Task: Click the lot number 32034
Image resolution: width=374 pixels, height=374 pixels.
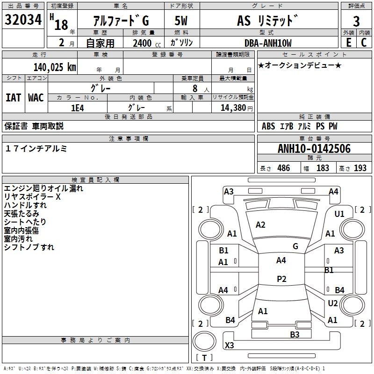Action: pyautogui.click(x=23, y=19)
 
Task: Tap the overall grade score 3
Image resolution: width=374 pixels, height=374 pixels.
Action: pyautogui.click(x=356, y=22)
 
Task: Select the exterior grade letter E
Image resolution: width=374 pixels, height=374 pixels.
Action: pyautogui.click(x=348, y=43)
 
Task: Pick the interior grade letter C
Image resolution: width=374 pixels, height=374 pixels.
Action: pyautogui.click(x=364, y=43)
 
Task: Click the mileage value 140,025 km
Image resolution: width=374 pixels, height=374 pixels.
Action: pyautogui.click(x=55, y=67)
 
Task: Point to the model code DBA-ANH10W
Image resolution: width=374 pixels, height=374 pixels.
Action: pyautogui.click(x=268, y=43)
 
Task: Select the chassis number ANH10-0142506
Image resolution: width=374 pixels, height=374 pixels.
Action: pyautogui.click(x=314, y=149)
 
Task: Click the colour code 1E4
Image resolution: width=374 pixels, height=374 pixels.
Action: pyautogui.click(x=78, y=108)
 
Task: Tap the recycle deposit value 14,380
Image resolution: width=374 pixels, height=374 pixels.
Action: pyautogui.click(x=233, y=108)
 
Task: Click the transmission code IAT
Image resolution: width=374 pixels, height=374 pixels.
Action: pyautogui.click(x=13, y=98)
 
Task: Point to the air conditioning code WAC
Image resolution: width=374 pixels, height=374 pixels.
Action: pyautogui.click(x=36, y=98)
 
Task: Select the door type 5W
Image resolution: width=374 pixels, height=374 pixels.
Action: pyautogui.click(x=181, y=21)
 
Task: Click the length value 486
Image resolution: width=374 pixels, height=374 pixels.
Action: pyautogui.click(x=284, y=168)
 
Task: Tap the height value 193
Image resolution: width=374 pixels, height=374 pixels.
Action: pyautogui.click(x=360, y=168)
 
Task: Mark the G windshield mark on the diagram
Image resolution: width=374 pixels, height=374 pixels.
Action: pyautogui.click(x=295, y=246)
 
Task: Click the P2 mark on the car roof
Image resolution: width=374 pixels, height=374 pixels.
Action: pyautogui.click(x=281, y=279)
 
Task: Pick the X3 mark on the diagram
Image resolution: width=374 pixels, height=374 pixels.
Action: pyautogui.click(x=229, y=345)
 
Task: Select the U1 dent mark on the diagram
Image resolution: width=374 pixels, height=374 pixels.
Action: pyautogui.click(x=339, y=214)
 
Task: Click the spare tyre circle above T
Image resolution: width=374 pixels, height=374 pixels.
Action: pyautogui.click(x=204, y=341)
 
